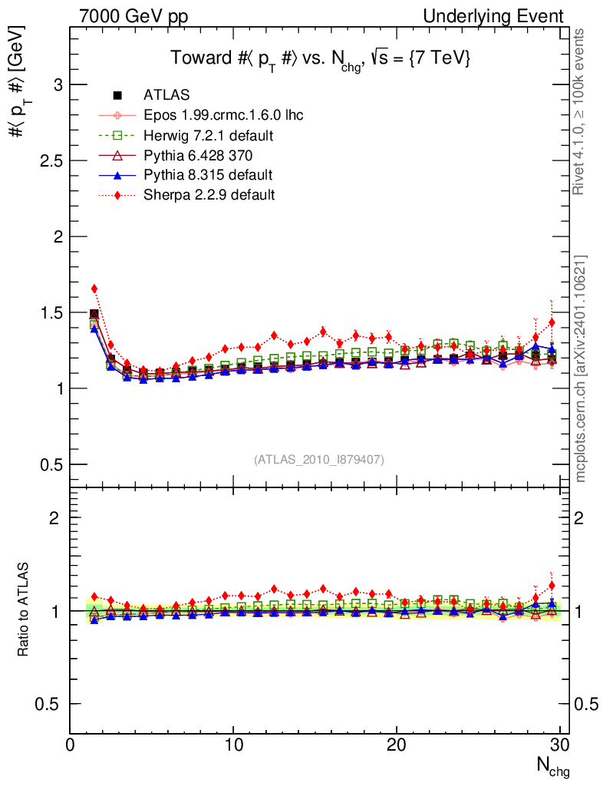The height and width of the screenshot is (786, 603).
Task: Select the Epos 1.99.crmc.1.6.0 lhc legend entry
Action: coord(223,115)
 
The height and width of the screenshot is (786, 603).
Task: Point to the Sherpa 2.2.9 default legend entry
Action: coord(209,195)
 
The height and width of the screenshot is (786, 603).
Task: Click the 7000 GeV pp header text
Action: coord(133,16)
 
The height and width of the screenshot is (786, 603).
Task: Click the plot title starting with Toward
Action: coord(320,59)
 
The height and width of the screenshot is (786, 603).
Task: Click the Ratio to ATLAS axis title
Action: coord(23,610)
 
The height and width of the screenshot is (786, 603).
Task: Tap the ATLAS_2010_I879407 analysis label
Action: coord(319,459)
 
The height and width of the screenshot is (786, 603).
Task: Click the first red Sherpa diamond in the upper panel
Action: coord(94,289)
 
